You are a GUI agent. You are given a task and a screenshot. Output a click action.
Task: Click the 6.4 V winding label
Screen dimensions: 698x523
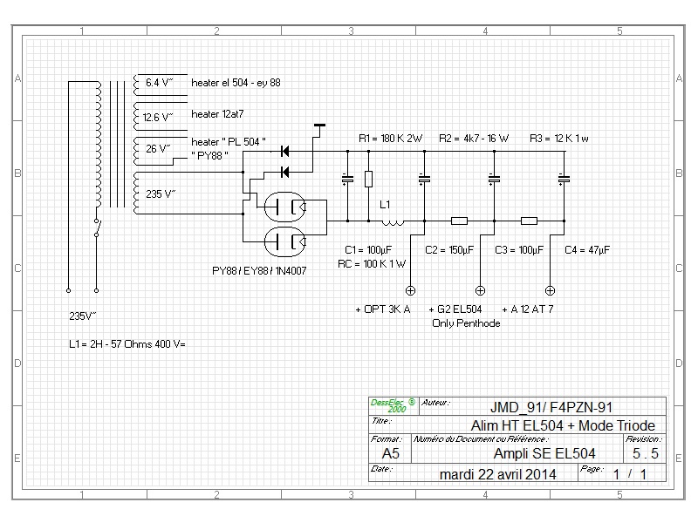(x=159, y=83)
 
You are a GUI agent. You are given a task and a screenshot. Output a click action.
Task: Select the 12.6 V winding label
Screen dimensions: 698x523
(x=158, y=118)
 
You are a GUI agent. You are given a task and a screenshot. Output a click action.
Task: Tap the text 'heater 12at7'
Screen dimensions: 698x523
(x=217, y=114)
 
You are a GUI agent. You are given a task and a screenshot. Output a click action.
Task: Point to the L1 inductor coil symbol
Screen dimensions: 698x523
(x=393, y=222)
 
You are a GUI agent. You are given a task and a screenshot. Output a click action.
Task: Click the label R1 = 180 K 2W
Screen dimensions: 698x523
(x=390, y=139)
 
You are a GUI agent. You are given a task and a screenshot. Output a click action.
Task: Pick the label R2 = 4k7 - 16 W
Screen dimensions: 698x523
(x=474, y=139)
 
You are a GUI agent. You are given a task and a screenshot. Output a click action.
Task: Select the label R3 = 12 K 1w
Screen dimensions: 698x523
(x=559, y=139)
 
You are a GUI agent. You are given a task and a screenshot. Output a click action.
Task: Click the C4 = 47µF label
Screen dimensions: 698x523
(x=587, y=250)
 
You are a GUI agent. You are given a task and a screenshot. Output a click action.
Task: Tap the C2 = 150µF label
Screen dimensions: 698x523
(x=449, y=250)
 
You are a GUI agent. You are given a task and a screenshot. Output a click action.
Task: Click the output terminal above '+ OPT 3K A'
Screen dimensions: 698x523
(x=410, y=291)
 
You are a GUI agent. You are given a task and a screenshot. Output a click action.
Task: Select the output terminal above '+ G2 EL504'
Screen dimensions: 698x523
(x=480, y=291)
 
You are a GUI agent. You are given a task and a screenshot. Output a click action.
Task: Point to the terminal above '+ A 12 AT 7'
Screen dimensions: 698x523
(x=550, y=291)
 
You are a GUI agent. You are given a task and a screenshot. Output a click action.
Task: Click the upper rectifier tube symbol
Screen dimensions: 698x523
(x=285, y=207)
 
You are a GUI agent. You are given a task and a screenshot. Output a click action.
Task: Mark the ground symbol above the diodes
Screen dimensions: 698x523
(x=319, y=126)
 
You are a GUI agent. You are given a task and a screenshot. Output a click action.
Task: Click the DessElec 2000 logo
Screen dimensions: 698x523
(x=392, y=405)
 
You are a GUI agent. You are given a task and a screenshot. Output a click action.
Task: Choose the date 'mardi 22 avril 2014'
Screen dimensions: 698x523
(x=497, y=474)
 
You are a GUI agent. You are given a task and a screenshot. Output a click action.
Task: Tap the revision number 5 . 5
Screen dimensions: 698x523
(x=645, y=453)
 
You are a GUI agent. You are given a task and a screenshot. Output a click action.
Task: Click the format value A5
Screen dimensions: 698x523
(x=390, y=453)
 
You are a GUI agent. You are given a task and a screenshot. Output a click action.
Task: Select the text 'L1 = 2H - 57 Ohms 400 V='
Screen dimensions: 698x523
(x=127, y=344)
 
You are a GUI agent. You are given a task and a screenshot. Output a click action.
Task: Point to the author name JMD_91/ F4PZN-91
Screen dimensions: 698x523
(x=551, y=407)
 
